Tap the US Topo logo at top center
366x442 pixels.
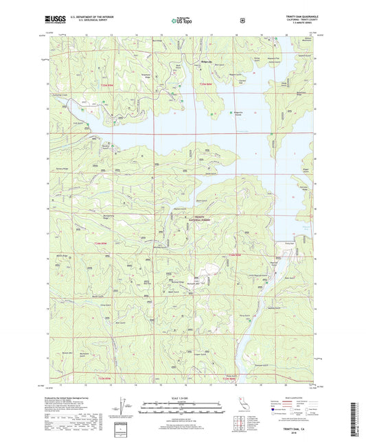pyautogui.click(x=183, y=21)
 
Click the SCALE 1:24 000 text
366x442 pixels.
pyautogui.click(x=183, y=399)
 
